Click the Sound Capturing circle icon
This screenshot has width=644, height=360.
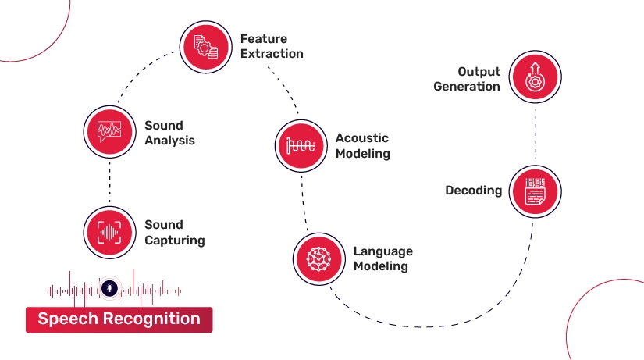pos(110,231)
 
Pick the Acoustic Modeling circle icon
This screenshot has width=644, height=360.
pos(301,144)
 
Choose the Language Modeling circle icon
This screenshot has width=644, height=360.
pos(318,258)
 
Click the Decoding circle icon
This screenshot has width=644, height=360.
pos(535,191)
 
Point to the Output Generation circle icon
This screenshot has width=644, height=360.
pos(535,79)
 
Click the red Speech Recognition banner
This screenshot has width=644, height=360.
pos(119,319)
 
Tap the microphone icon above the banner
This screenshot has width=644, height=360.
pos(110,288)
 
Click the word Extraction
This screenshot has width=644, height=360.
pos(272,54)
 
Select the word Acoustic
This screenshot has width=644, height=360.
pos(361,138)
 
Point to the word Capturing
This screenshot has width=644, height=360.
pos(175,240)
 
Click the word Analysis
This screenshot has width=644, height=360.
pos(169,141)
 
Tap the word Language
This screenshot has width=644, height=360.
pos(382,251)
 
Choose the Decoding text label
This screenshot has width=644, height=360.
pos(473,191)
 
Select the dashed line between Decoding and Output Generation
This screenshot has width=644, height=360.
pos(535,134)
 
